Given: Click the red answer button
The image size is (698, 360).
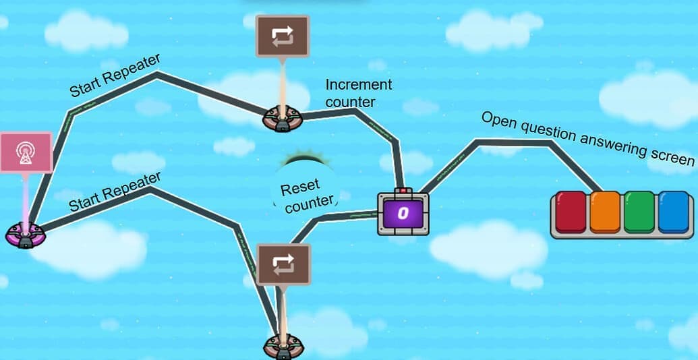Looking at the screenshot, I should [x=571, y=212].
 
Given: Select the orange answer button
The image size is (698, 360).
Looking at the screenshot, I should [x=605, y=212].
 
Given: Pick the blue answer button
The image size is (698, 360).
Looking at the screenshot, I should [x=674, y=212].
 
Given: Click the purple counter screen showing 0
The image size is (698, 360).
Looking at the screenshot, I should [x=403, y=214].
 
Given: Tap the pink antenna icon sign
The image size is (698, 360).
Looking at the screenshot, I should [x=26, y=152].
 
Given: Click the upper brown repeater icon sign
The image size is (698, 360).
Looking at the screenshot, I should [x=283, y=36].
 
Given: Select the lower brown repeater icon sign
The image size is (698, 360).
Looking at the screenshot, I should [x=283, y=264].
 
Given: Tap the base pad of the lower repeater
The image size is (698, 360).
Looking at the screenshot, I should [x=283, y=346].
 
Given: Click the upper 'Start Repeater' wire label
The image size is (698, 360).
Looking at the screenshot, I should [x=115, y=76].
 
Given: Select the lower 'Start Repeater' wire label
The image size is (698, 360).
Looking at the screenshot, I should [x=115, y=191].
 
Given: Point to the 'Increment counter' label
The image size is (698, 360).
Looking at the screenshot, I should [x=358, y=93].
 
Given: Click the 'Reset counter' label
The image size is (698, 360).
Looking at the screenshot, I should [x=306, y=194].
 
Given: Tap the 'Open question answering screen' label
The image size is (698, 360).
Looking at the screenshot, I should [x=587, y=138].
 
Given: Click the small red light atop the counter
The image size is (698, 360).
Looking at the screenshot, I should [x=403, y=191].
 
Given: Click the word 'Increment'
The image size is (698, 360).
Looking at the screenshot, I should [x=358, y=85].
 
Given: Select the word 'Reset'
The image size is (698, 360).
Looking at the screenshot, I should [x=300, y=187].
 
